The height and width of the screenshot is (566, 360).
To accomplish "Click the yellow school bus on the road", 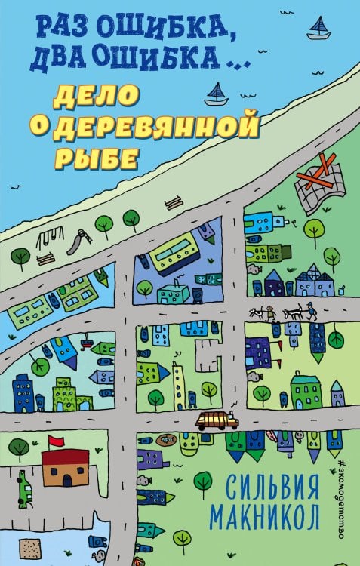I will click(x=217, y=420).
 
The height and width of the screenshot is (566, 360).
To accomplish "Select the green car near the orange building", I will click(x=26, y=489).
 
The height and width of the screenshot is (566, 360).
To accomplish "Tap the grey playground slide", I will click(x=77, y=241).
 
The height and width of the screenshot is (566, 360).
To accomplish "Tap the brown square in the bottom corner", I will click(x=29, y=549).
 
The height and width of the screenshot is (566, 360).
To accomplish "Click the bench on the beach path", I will click(x=173, y=202).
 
